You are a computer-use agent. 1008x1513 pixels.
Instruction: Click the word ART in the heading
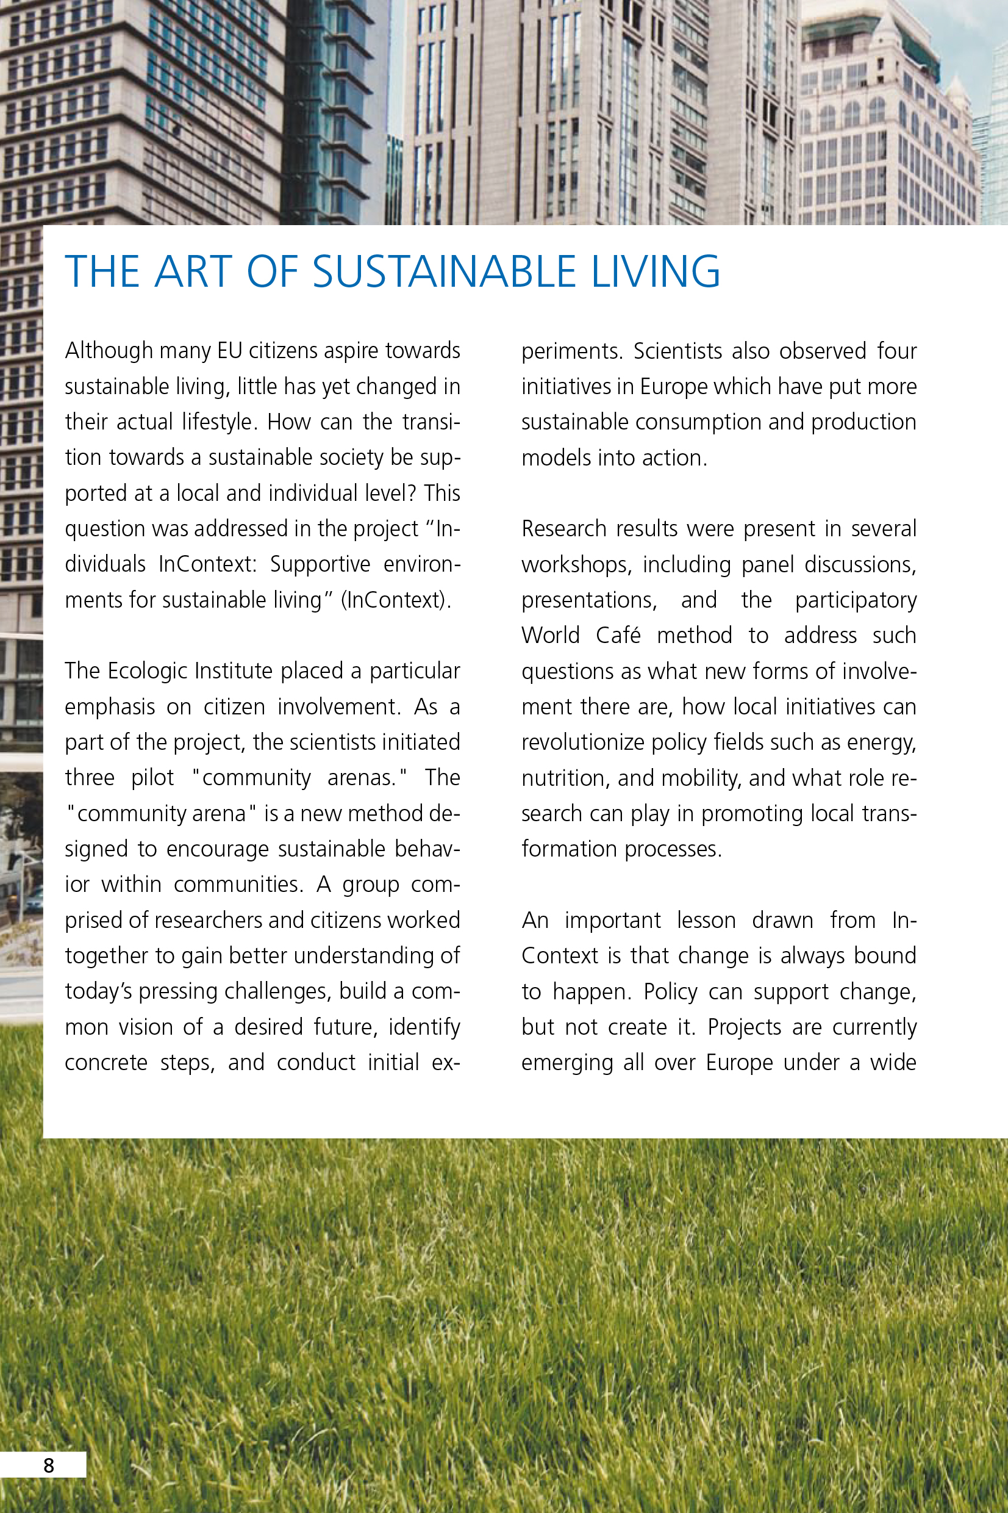193,271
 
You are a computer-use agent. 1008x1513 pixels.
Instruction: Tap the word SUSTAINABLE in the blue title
443,271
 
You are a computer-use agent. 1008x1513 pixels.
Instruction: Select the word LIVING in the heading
655,271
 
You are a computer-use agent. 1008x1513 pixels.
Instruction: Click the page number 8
49,1465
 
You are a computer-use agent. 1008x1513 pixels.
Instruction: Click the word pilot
152,778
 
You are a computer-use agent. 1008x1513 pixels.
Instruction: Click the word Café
618,636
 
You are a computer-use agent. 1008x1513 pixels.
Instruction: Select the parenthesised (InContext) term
396,600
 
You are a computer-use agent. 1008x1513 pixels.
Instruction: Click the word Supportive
320,564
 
